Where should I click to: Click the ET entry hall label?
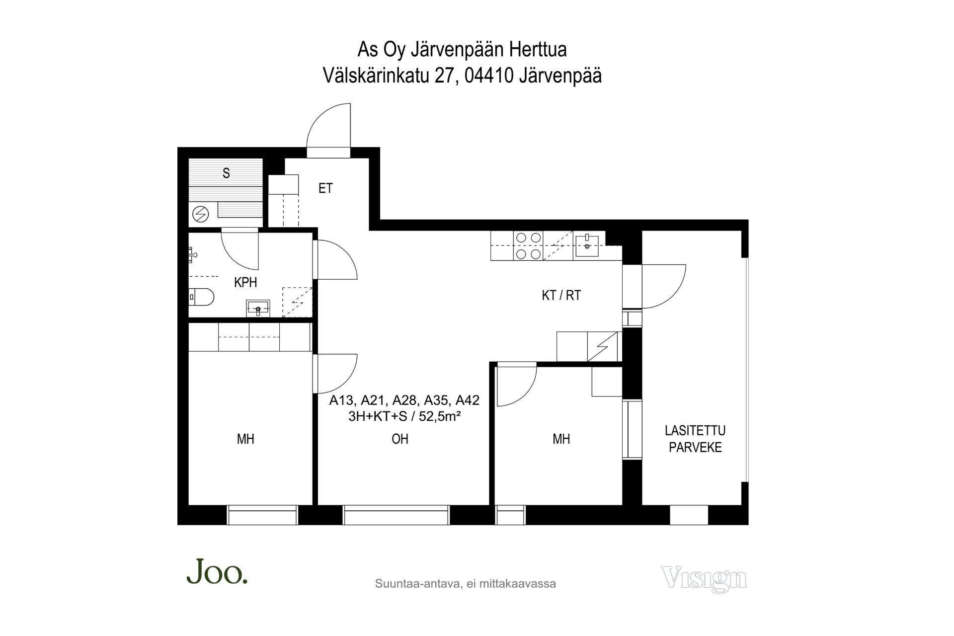(325, 188)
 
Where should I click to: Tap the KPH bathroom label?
(245, 282)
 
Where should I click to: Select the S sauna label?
(226, 173)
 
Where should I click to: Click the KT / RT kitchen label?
(561, 295)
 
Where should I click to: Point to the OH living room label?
(400, 439)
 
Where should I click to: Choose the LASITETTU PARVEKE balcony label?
(695, 439)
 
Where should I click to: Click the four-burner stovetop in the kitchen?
(528, 246)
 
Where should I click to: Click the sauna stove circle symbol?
(201, 214)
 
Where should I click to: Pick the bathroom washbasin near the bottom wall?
(258, 308)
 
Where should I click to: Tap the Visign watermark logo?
(704, 578)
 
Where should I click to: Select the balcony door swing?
(664, 286)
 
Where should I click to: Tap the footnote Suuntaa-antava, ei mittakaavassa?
(466, 584)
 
